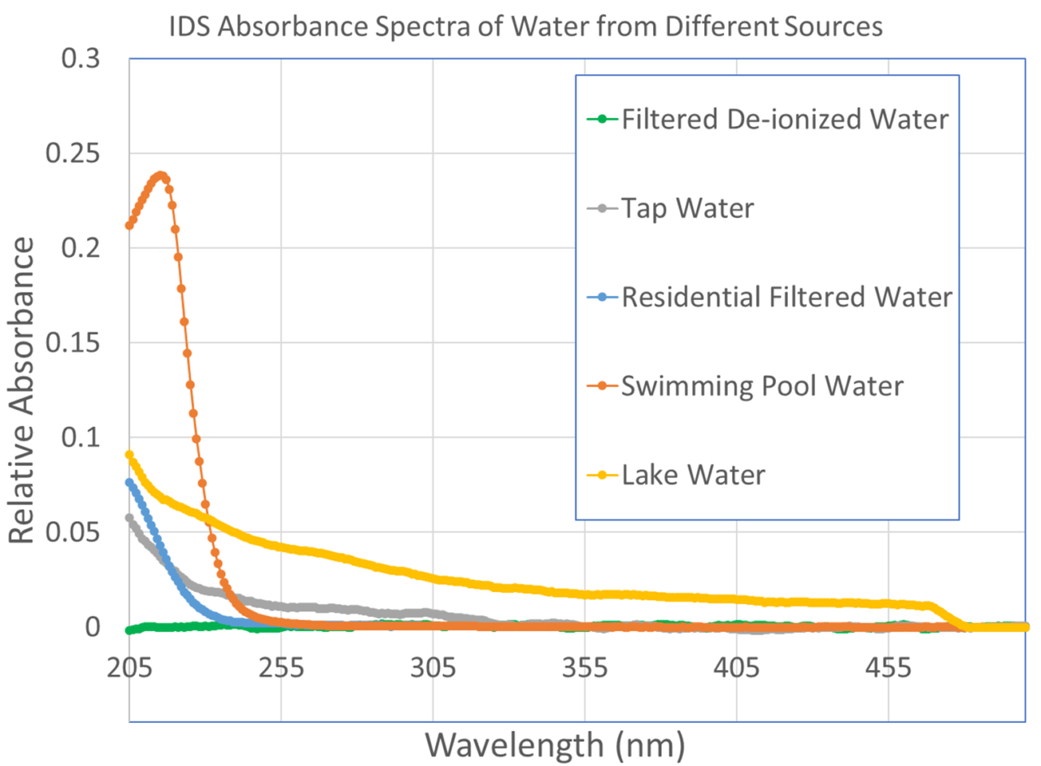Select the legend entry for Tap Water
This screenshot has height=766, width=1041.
coord(688,208)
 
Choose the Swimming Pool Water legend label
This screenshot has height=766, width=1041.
coord(762,385)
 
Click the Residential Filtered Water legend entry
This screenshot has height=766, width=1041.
coord(786,297)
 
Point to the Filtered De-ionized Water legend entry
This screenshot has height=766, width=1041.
coord(785,120)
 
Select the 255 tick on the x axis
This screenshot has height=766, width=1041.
coord(281,669)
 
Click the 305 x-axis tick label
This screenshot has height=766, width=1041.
coord(433,669)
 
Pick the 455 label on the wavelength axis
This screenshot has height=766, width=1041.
coord(888,669)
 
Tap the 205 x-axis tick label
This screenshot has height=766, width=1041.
coord(129,669)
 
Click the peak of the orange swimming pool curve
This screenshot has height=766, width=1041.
coord(161,175)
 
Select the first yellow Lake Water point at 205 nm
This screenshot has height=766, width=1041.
coord(129,455)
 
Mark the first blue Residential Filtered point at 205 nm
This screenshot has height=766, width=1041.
coord(129,482)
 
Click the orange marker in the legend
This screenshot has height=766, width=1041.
coord(602,385)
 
